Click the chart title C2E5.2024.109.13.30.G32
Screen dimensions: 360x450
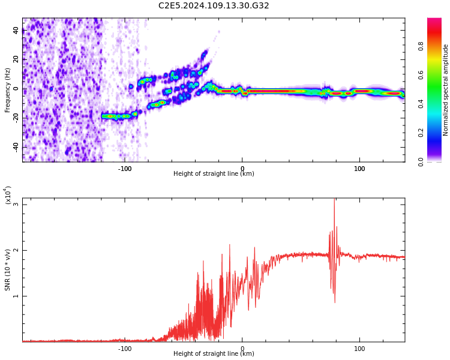[x=214, y=5]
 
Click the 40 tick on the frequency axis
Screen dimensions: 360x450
[x=16, y=31]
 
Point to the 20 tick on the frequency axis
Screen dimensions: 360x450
[x=16, y=60]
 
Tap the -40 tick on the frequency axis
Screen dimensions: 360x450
[x=15, y=147]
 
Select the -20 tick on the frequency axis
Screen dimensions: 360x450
[x=15, y=118]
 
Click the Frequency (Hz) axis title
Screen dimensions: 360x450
[x=8, y=90]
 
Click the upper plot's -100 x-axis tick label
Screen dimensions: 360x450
[x=125, y=169]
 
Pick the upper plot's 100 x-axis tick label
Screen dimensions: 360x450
[x=359, y=169]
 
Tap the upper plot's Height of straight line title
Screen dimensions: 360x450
[x=214, y=174]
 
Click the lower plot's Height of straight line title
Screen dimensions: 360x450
[x=214, y=354]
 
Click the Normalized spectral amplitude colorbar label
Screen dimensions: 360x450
[x=446, y=90]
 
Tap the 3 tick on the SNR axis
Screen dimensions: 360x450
[x=16, y=205]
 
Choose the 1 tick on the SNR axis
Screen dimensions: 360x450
[x=16, y=296]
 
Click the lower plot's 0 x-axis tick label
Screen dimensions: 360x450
[x=242, y=349]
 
